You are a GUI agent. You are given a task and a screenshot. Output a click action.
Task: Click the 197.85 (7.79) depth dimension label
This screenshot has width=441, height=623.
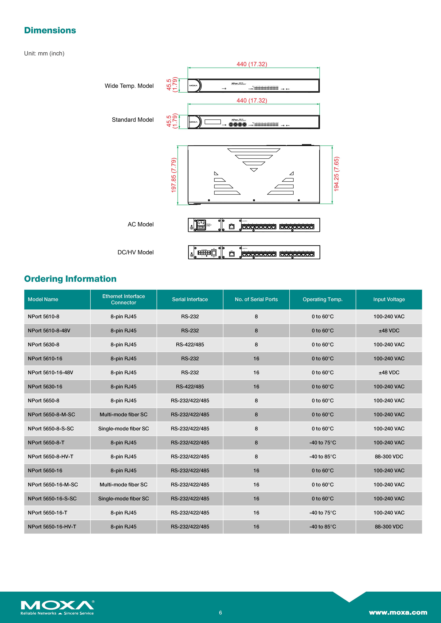click(174, 175)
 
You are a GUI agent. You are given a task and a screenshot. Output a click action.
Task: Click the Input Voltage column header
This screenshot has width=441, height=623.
click(389, 299)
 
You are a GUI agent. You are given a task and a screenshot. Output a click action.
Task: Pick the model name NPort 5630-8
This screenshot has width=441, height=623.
click(43, 345)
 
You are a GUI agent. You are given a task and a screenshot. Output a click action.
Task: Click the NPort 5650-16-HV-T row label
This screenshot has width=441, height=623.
click(52, 527)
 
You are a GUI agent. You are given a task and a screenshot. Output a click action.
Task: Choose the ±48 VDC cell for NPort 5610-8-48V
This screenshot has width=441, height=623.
click(389, 330)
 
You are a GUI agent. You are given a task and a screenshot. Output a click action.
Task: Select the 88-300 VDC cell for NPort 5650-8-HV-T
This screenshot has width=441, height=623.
click(389, 457)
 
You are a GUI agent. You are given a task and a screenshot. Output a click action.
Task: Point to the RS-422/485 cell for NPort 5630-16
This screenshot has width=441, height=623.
click(190, 387)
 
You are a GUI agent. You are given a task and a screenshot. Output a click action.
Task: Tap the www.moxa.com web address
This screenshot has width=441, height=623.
click(398, 612)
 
